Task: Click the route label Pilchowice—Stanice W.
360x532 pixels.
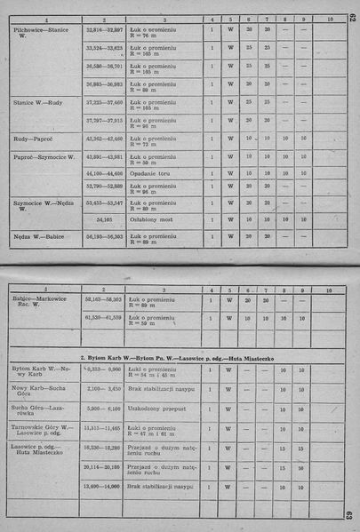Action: pyautogui.click(x=42, y=34)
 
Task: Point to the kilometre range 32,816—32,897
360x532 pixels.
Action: pyautogui.click(x=104, y=30)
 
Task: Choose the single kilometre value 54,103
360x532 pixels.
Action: pyautogui.click(x=104, y=217)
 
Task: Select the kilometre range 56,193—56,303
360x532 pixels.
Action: pyautogui.click(x=104, y=238)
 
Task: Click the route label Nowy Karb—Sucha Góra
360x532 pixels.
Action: pyautogui.click(x=41, y=392)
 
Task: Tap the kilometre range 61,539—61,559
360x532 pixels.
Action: pyautogui.click(x=104, y=317)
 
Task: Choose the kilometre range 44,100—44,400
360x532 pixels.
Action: pyautogui.click(x=104, y=173)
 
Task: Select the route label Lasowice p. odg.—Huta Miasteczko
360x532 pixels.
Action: pyautogui.click(x=41, y=452)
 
